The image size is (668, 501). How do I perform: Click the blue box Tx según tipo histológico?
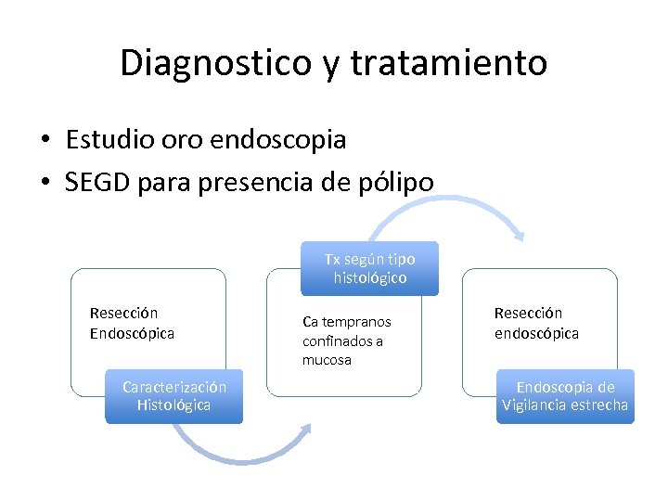[370, 268]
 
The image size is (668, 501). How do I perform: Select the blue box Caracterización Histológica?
[173, 396]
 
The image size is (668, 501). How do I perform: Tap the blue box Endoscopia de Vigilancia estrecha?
[565, 396]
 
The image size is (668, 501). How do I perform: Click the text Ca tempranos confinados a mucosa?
[347, 340]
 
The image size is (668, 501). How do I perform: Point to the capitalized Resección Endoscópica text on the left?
[132, 323]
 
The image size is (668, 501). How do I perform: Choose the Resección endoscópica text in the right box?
[536, 323]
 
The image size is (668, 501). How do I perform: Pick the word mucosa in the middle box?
[327, 360]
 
